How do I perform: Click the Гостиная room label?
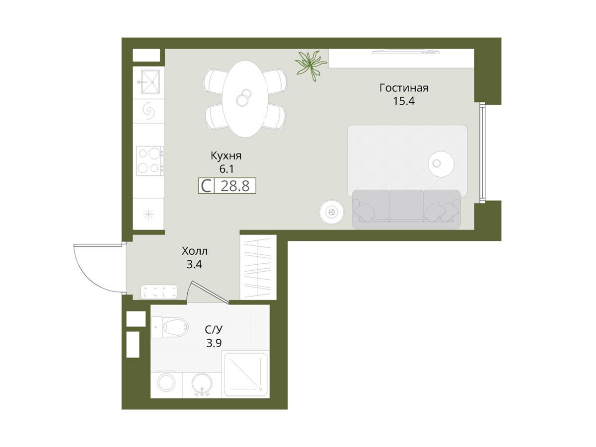pos(404,88)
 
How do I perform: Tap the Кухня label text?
pos(226,156)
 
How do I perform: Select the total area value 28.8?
pos(235,186)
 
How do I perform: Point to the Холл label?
pos(194,251)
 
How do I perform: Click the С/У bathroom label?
pos(214,329)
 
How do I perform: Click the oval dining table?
pos(245,99)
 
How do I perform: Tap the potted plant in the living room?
pos(310,66)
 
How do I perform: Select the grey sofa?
pos(406,209)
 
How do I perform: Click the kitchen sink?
pos(150,81)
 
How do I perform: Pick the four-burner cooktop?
pos(150,160)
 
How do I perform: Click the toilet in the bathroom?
pos(170,327)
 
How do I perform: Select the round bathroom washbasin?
pos(202,384)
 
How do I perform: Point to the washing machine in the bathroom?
pos(166,385)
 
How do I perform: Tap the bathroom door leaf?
pos(210,293)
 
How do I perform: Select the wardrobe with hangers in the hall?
pos(258,267)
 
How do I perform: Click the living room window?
pos(482,152)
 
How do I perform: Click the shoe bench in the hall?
pos(159,292)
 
